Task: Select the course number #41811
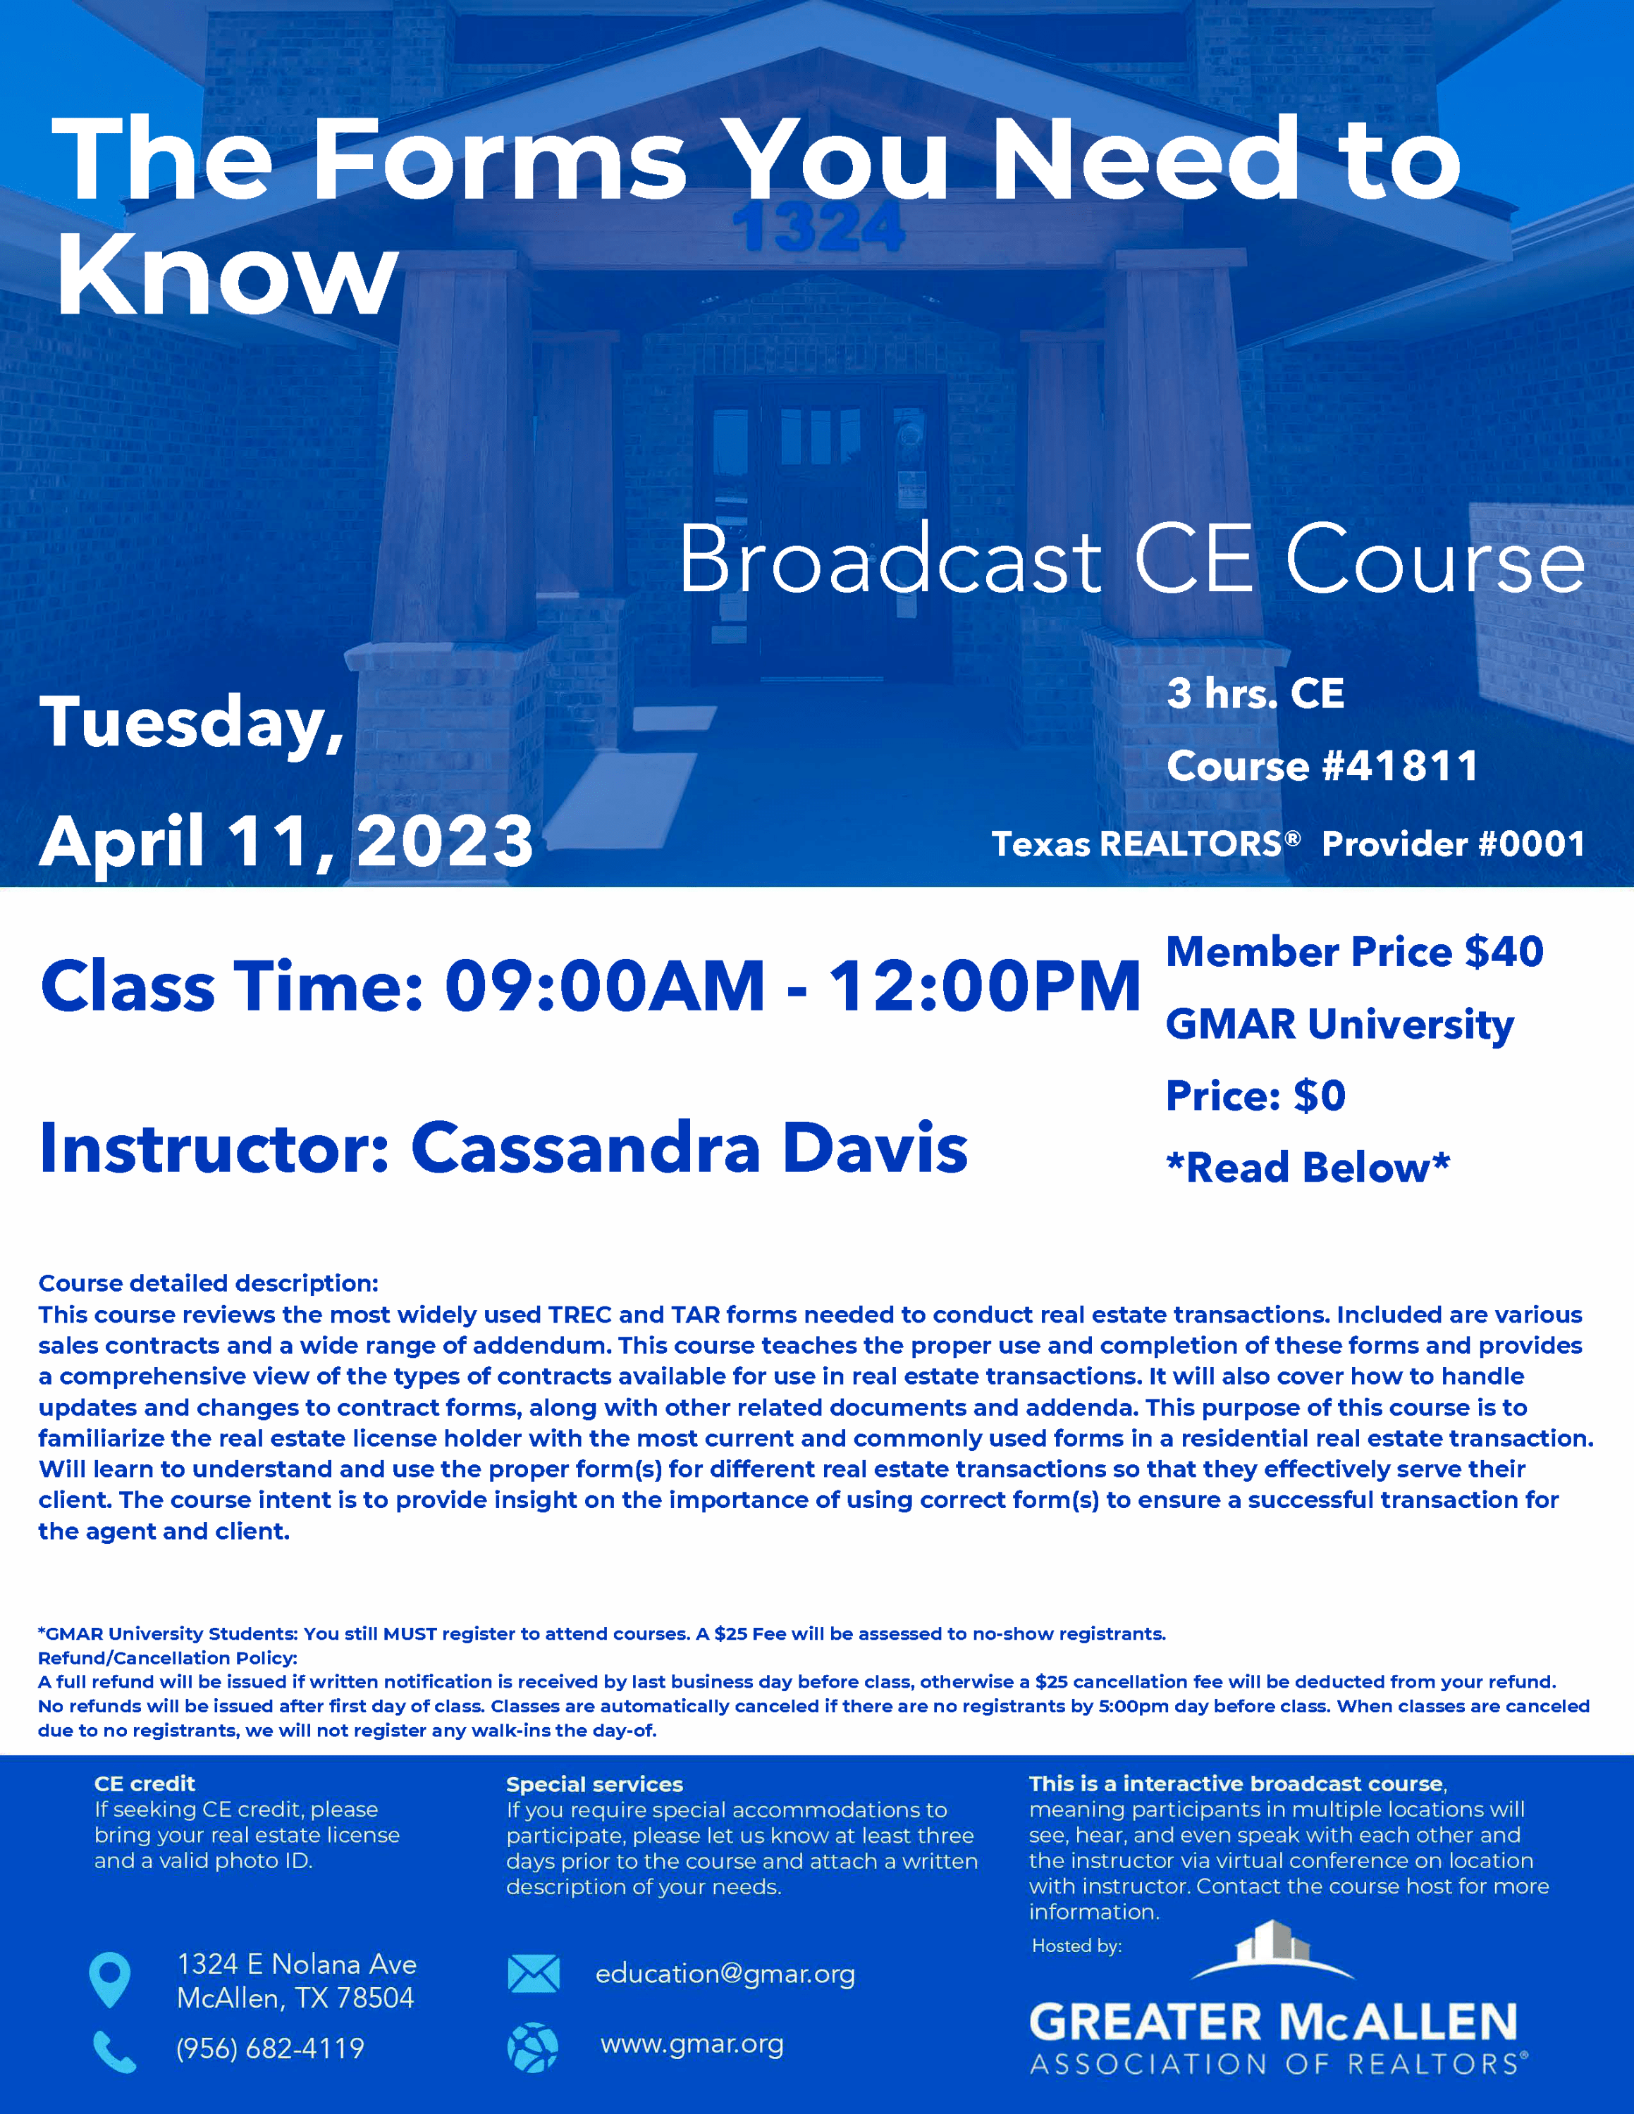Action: [1400, 766]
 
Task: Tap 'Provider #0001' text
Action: [1453, 844]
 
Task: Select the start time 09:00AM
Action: [605, 987]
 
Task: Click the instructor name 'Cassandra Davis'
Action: [689, 1148]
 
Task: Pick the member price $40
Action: [1504, 951]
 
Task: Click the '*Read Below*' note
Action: [1308, 1168]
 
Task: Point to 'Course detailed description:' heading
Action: [208, 1283]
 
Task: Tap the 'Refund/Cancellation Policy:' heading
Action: [168, 1658]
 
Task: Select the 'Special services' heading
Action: [594, 1784]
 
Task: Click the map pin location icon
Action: [109, 1979]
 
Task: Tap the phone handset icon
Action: [114, 2051]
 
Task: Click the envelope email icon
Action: [534, 1974]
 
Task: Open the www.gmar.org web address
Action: [692, 2044]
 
